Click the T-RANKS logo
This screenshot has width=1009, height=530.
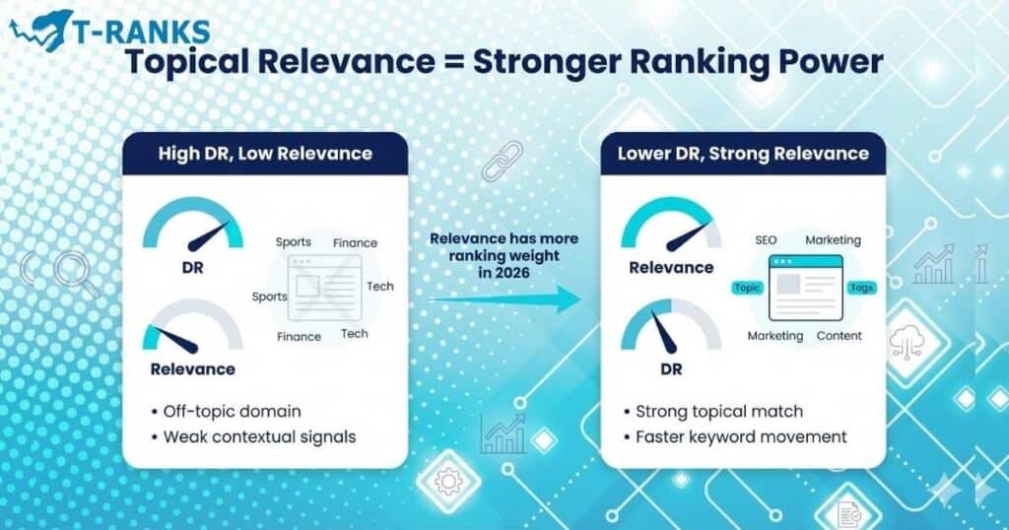point(108,30)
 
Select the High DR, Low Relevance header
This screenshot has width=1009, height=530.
point(265,153)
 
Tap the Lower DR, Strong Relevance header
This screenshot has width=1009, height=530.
point(743,153)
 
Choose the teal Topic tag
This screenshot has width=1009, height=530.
point(746,288)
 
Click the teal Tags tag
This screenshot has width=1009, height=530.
point(861,288)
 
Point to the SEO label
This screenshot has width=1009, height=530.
point(767,239)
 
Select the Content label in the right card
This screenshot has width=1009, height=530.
point(840,336)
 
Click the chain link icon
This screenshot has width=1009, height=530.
point(502,160)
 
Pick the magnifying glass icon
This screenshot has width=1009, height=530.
point(76,273)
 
